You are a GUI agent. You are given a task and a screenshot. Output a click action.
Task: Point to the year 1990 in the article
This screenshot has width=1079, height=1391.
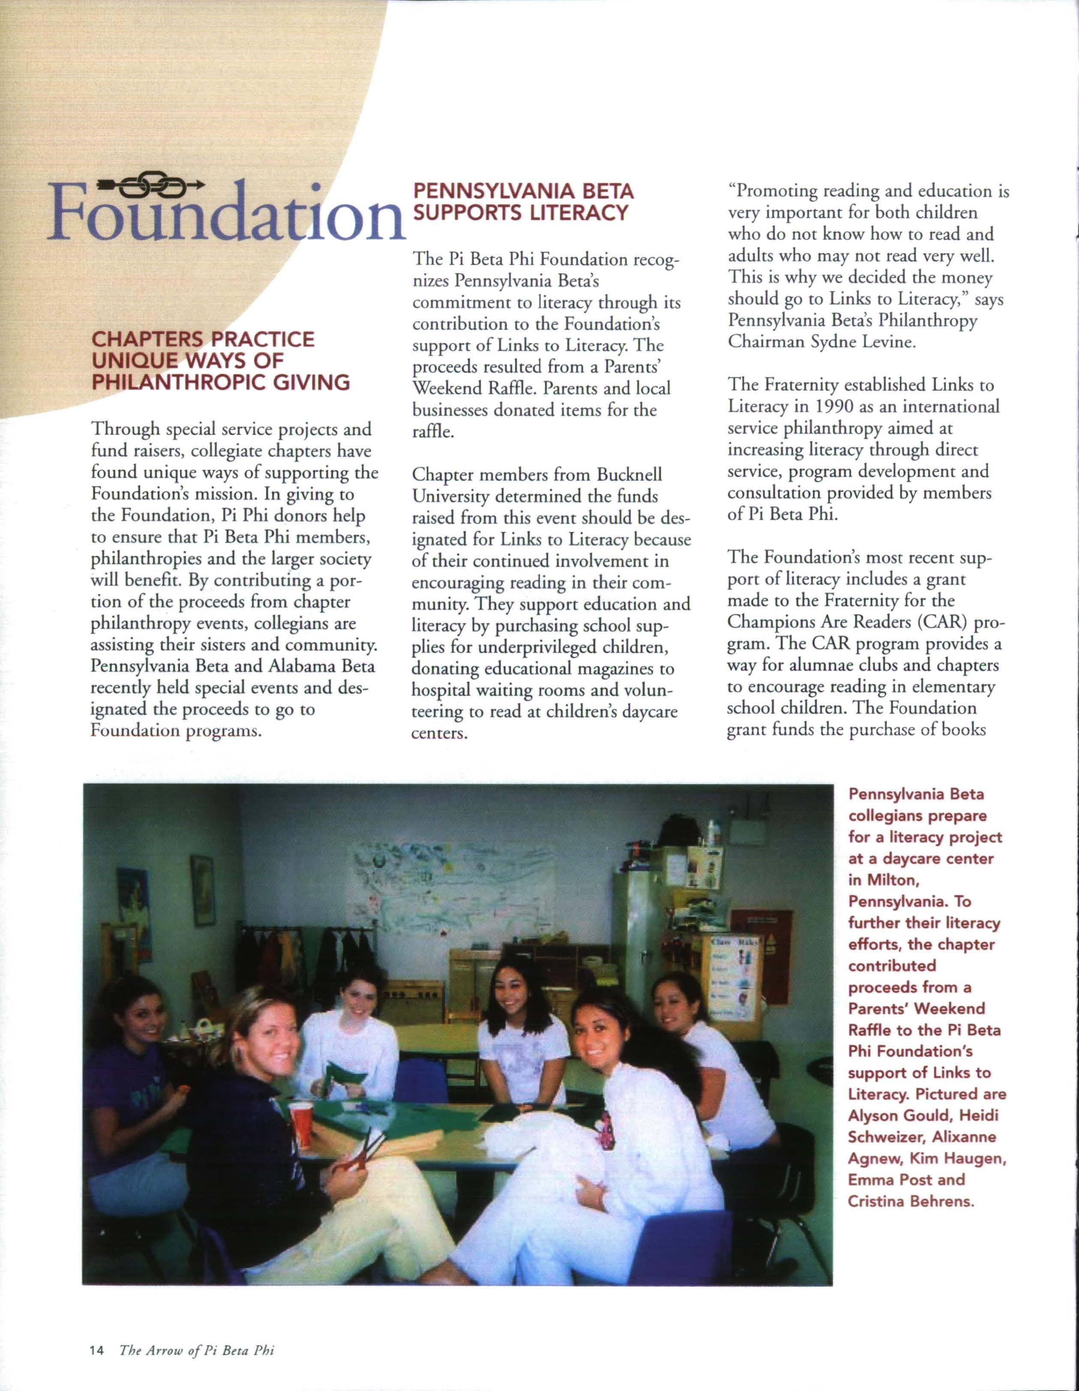[x=826, y=406]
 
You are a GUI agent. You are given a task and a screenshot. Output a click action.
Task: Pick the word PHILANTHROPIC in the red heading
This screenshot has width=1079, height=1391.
[x=178, y=382]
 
